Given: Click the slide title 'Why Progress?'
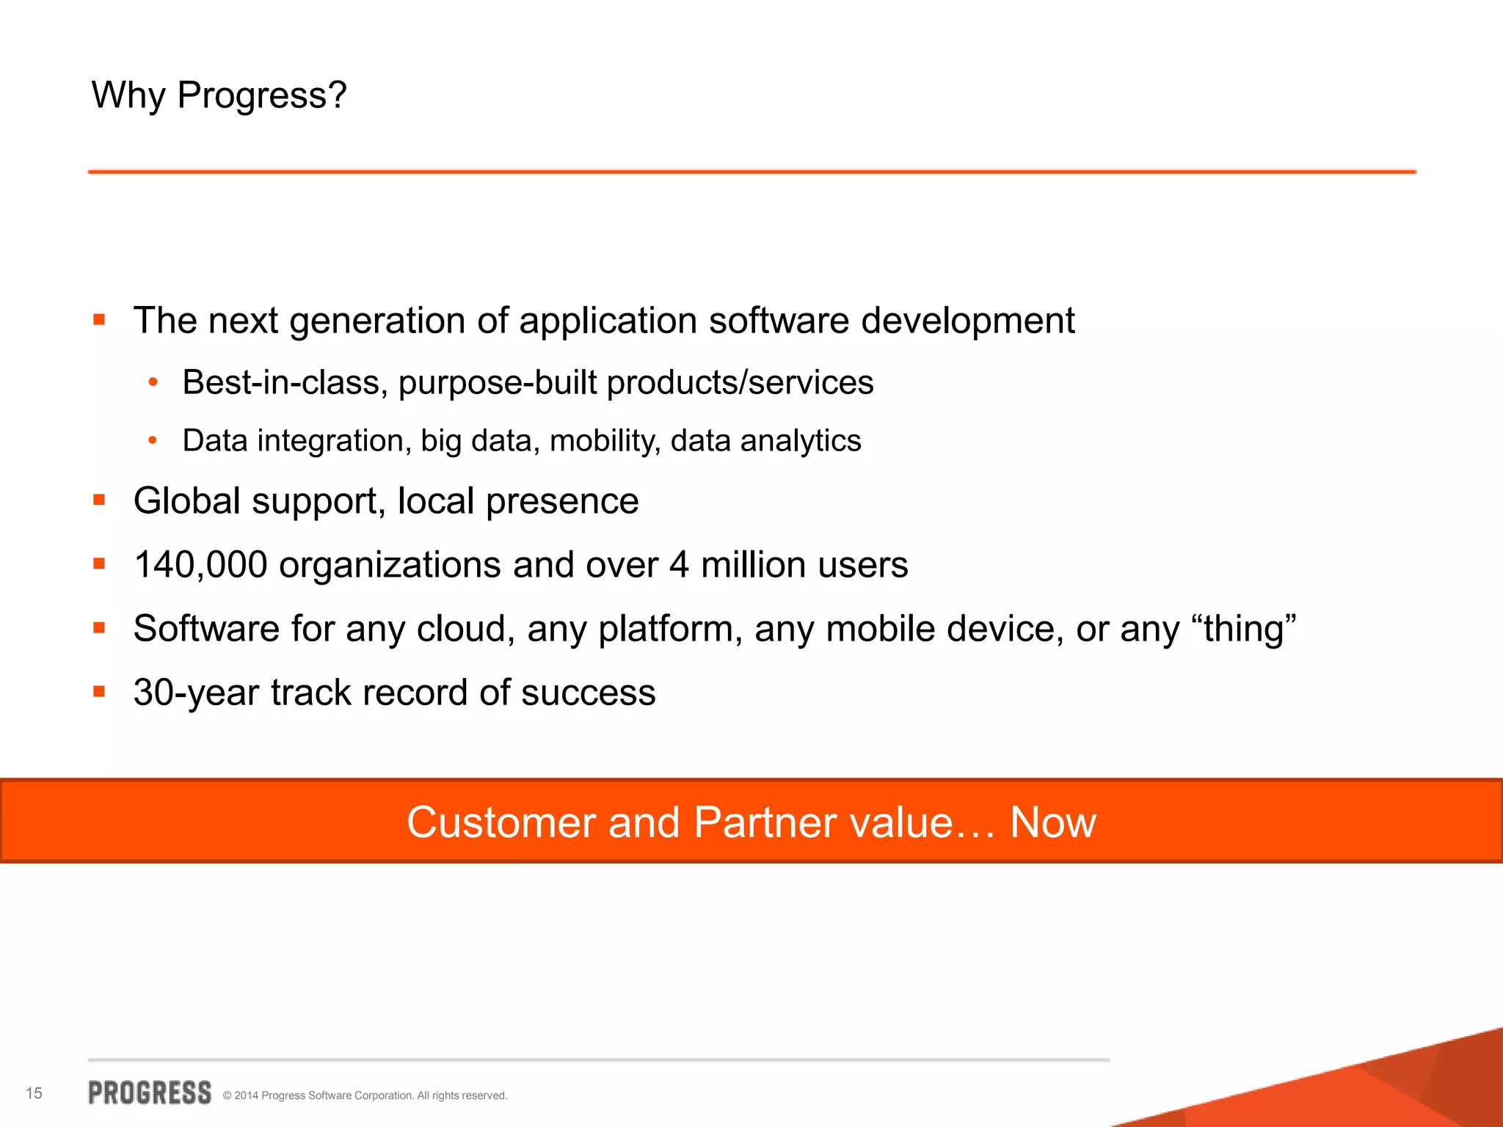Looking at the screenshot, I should click(x=219, y=95).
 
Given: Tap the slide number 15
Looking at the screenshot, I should click(x=34, y=1093).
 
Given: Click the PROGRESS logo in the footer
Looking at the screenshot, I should click(x=150, y=1093).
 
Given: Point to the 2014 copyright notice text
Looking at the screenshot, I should click(x=365, y=1095).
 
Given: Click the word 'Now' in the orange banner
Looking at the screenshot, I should click(x=1052, y=822).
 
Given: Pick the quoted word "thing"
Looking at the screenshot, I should click(x=1244, y=629).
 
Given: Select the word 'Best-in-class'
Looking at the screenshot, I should click(x=284, y=382).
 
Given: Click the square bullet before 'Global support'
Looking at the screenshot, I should click(x=99, y=500).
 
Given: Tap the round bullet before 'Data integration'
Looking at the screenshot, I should click(x=153, y=440).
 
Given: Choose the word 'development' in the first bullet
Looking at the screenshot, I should click(x=967, y=321).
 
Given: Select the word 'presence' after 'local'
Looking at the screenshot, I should click(x=562, y=501).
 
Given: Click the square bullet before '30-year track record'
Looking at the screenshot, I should click(x=99, y=691).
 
